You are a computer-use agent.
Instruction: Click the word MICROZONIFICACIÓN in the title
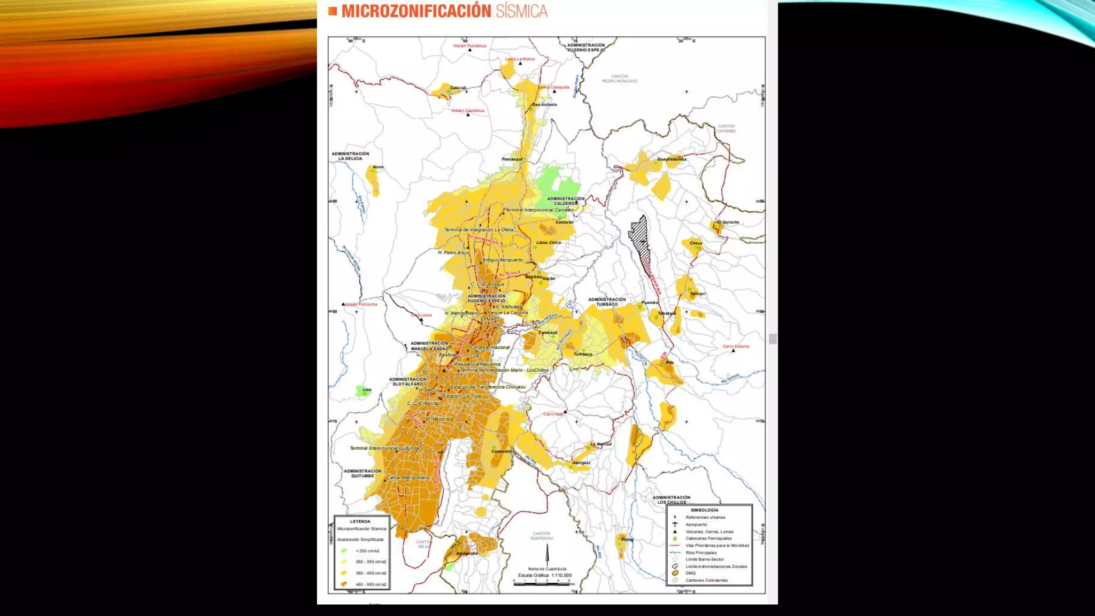[x=416, y=11]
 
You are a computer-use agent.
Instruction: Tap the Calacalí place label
[x=458, y=88]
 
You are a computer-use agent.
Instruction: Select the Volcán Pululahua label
[x=469, y=46]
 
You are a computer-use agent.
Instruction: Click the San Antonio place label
[x=544, y=105]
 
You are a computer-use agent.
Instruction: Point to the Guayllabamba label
[x=672, y=159]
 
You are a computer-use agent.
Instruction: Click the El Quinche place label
[x=728, y=222]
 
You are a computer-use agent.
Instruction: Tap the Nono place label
[x=378, y=167]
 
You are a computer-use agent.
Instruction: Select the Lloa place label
[x=367, y=389]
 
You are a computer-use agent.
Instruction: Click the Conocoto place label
[x=502, y=451]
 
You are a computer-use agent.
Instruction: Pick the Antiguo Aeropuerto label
[x=503, y=260]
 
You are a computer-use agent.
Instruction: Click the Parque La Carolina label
[x=507, y=313]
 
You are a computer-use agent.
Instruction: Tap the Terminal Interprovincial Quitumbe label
[x=384, y=448]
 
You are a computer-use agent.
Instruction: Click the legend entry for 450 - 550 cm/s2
[x=371, y=584]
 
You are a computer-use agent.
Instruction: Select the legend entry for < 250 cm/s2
[x=367, y=551]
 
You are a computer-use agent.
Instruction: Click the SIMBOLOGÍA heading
[x=704, y=510]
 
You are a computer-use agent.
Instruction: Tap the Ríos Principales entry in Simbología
[x=700, y=552]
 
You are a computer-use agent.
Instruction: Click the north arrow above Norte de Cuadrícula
[x=547, y=554]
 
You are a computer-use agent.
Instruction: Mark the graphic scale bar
[x=541, y=584]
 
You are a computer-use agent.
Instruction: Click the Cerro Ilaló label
[x=553, y=414]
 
